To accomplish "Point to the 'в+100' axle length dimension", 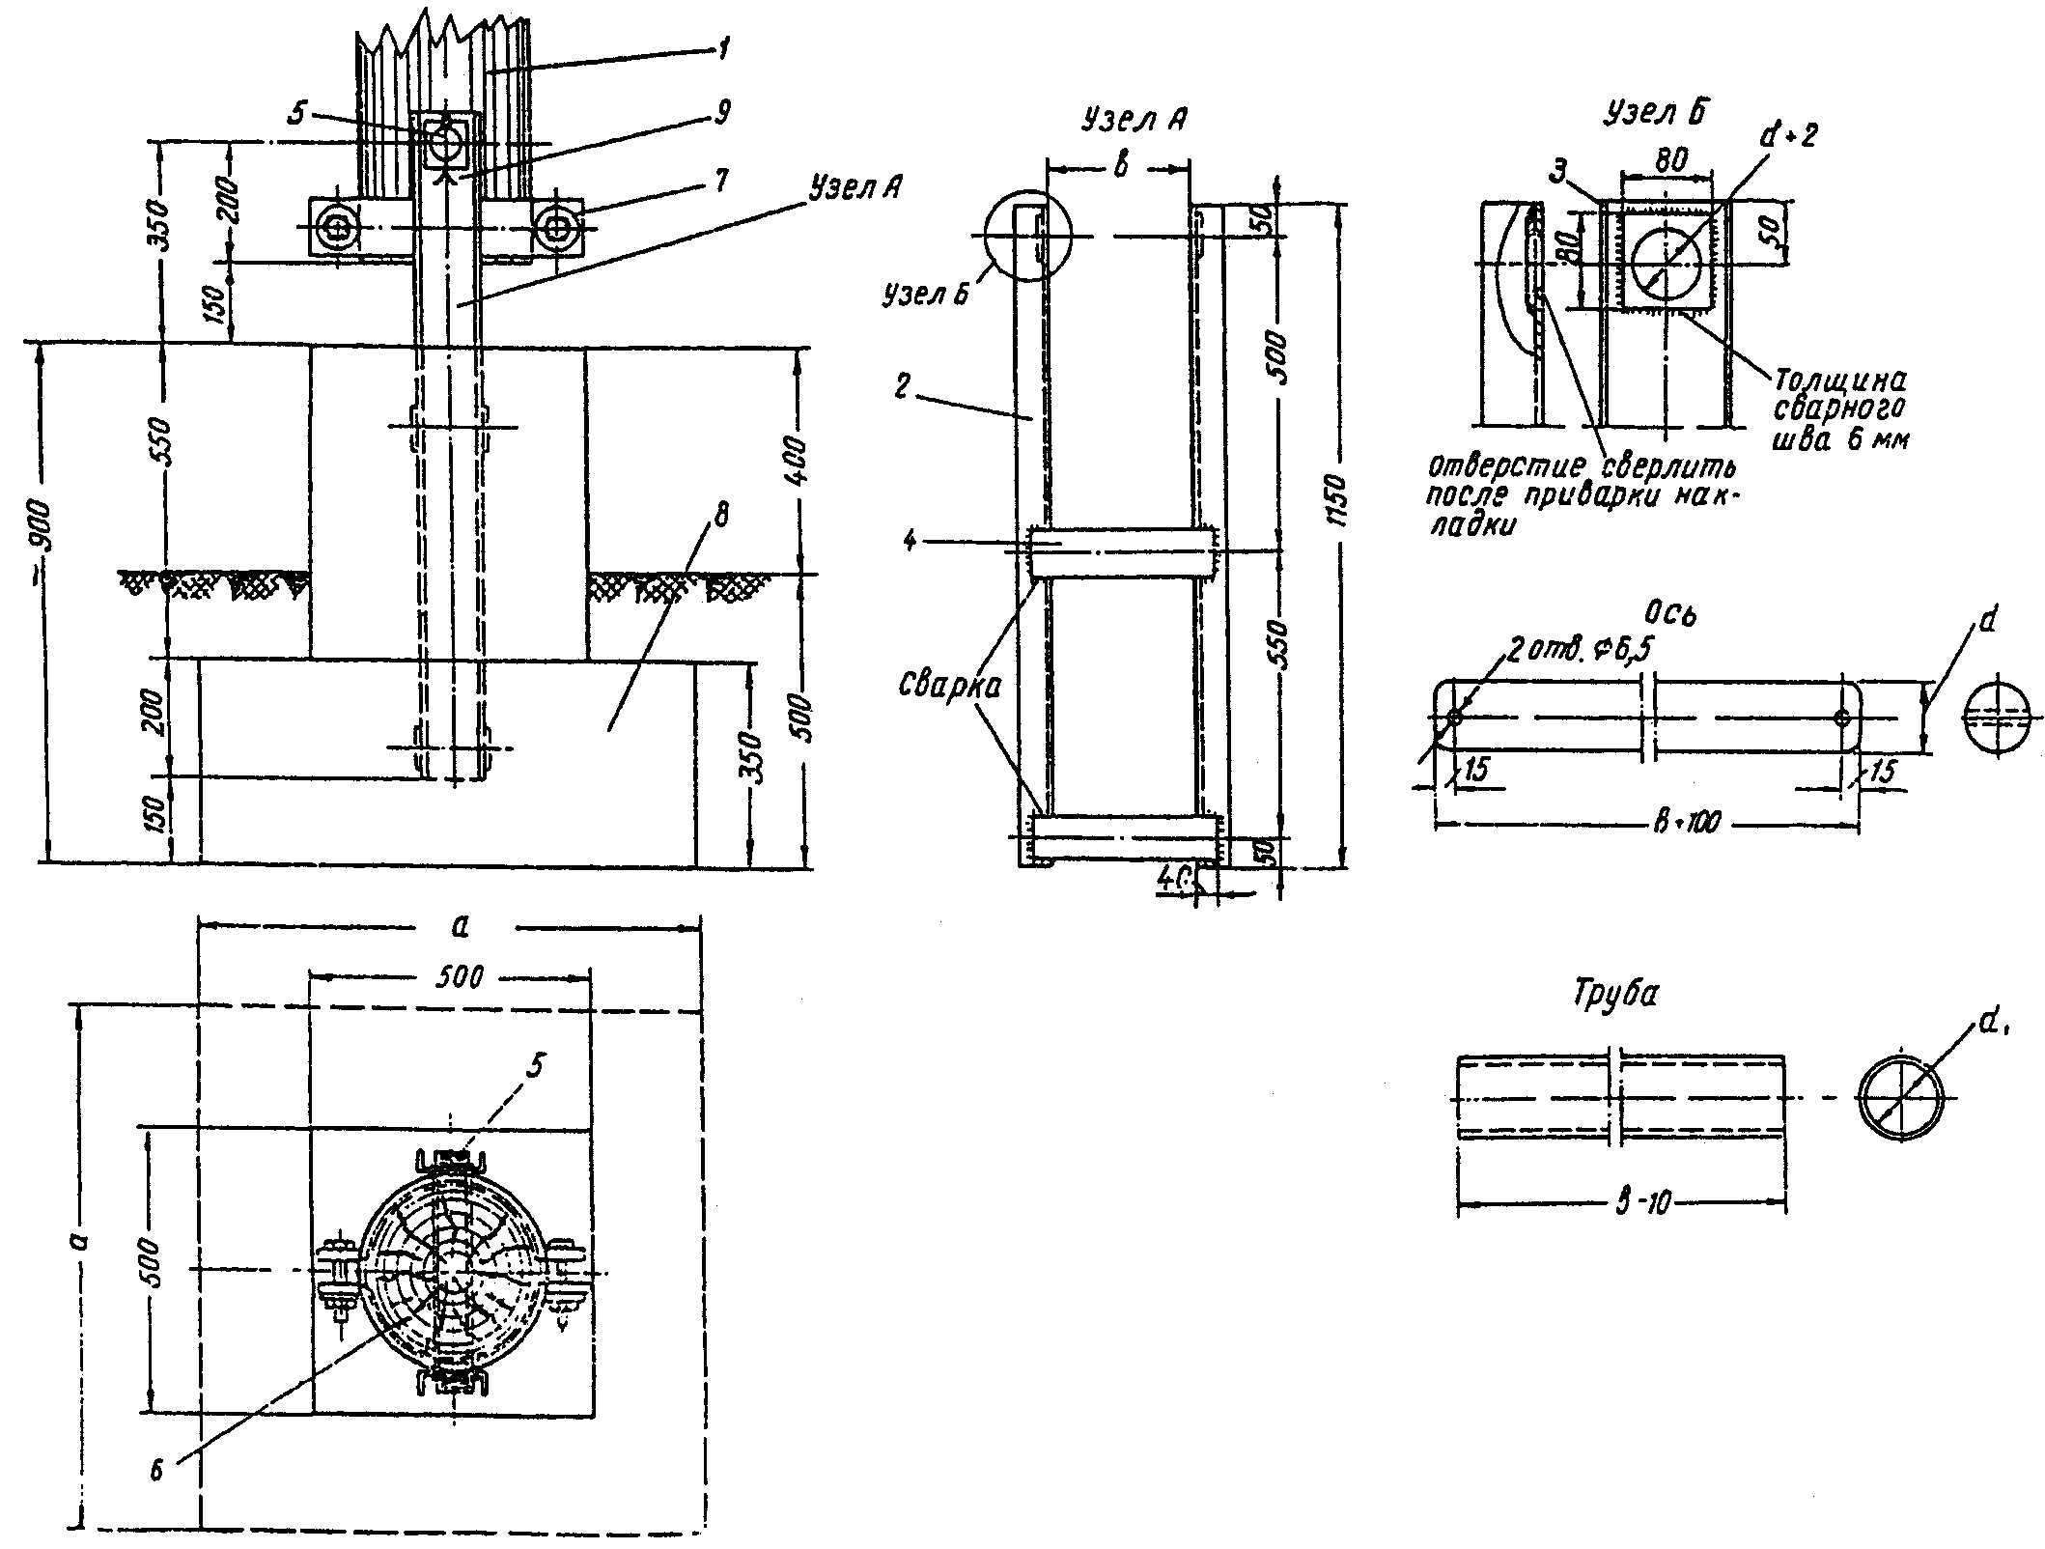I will pyautogui.click(x=1691, y=824).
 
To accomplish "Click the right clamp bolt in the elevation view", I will pyautogui.click(x=558, y=229).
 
